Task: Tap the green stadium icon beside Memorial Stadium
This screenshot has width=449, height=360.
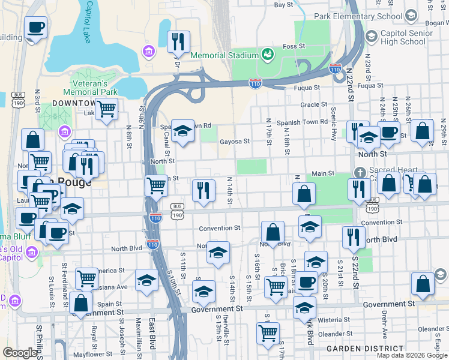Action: pyautogui.click(x=267, y=55)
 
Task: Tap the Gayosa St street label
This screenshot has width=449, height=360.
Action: pyautogui.click(x=235, y=142)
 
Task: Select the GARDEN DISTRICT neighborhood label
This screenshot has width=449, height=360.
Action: pyautogui.click(x=365, y=349)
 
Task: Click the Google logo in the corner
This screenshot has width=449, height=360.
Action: pyautogui.click(x=20, y=353)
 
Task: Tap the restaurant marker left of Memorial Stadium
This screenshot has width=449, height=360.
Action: pyautogui.click(x=178, y=42)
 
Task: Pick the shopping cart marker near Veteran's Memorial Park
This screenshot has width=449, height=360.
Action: pyautogui.click(x=106, y=110)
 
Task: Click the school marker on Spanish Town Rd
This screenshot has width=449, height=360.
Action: pyautogui.click(x=182, y=131)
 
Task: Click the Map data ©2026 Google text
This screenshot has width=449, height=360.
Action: pyautogui.click(x=412, y=355)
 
